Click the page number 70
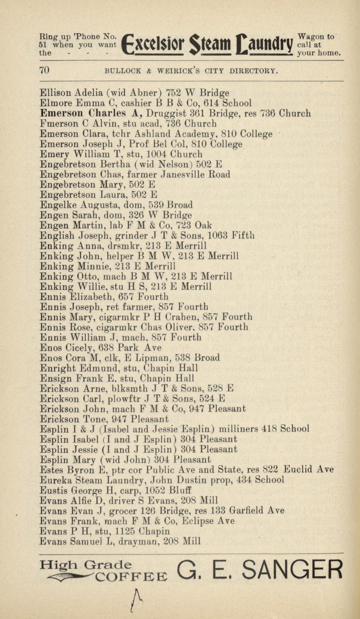[x=44, y=70]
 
